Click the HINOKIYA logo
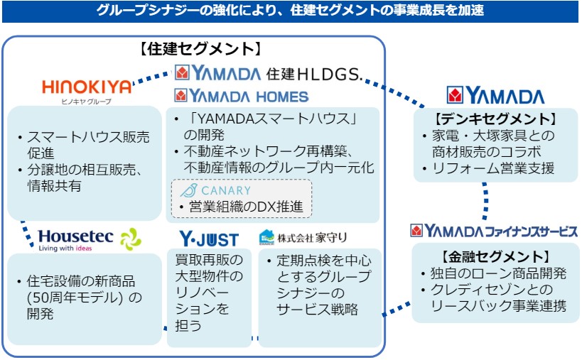click(87, 87)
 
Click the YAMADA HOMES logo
click(242, 96)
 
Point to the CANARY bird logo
click(188, 190)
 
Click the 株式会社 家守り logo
click(303, 237)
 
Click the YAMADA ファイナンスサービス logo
click(494, 231)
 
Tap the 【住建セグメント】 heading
click(200, 49)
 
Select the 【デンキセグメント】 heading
click(495, 119)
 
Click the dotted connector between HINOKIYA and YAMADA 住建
click(152, 77)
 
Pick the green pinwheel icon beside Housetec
click(131, 239)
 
